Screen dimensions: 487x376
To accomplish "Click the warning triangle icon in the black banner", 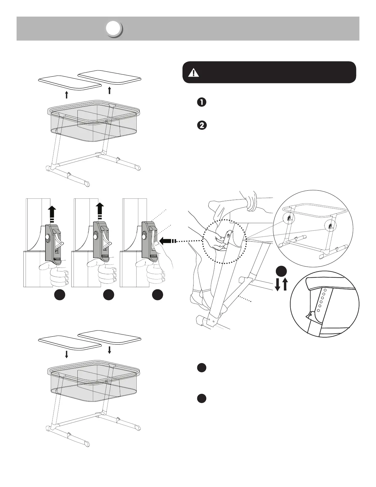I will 194,73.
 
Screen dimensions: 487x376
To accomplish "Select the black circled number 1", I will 202,102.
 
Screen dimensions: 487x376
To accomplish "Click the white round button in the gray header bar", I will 114,29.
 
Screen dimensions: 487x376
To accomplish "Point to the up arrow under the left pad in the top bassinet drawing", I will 67,94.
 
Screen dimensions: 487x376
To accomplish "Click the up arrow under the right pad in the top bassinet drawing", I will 110,90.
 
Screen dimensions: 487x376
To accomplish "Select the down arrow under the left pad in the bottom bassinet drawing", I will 67,354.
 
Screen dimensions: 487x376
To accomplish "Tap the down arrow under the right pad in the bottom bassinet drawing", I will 110,350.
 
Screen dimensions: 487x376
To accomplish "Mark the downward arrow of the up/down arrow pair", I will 277,284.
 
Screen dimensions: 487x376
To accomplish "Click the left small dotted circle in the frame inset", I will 288,218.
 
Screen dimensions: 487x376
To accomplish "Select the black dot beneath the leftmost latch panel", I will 60,295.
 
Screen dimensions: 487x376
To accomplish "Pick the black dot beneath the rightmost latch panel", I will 157,295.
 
